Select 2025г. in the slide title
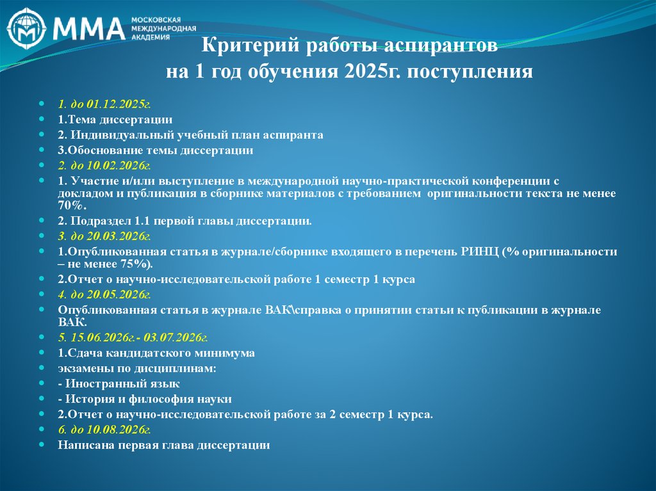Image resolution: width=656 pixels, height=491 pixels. click(371, 70)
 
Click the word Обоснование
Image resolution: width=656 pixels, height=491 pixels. click(99, 151)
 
